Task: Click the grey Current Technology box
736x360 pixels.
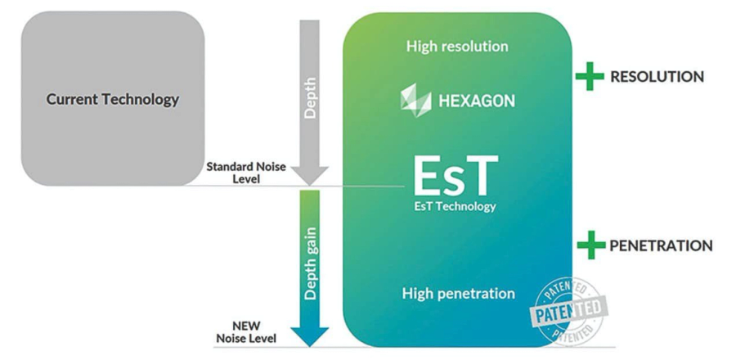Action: (x=113, y=98)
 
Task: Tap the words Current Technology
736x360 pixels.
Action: (x=113, y=100)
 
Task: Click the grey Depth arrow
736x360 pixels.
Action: (x=309, y=103)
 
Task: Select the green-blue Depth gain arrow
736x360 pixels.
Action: (x=309, y=268)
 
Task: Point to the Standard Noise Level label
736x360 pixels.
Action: (x=246, y=173)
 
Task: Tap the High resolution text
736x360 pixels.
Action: (x=457, y=47)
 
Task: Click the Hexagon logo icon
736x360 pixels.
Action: (x=415, y=101)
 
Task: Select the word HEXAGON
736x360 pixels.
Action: (x=477, y=101)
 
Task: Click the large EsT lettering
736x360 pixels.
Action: (x=456, y=176)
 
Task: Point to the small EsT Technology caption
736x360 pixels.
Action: (x=455, y=206)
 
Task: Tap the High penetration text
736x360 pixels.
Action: (x=459, y=294)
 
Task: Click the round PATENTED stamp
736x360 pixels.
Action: (x=568, y=311)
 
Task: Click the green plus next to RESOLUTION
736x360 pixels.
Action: (x=590, y=76)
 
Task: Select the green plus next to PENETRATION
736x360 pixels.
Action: (x=591, y=245)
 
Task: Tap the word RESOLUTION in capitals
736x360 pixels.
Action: (x=657, y=77)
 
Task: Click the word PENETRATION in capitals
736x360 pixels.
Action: (x=661, y=245)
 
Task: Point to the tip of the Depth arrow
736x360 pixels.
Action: (x=309, y=186)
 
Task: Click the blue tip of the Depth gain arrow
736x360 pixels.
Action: (x=309, y=346)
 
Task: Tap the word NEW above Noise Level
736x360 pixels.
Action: (x=246, y=326)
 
